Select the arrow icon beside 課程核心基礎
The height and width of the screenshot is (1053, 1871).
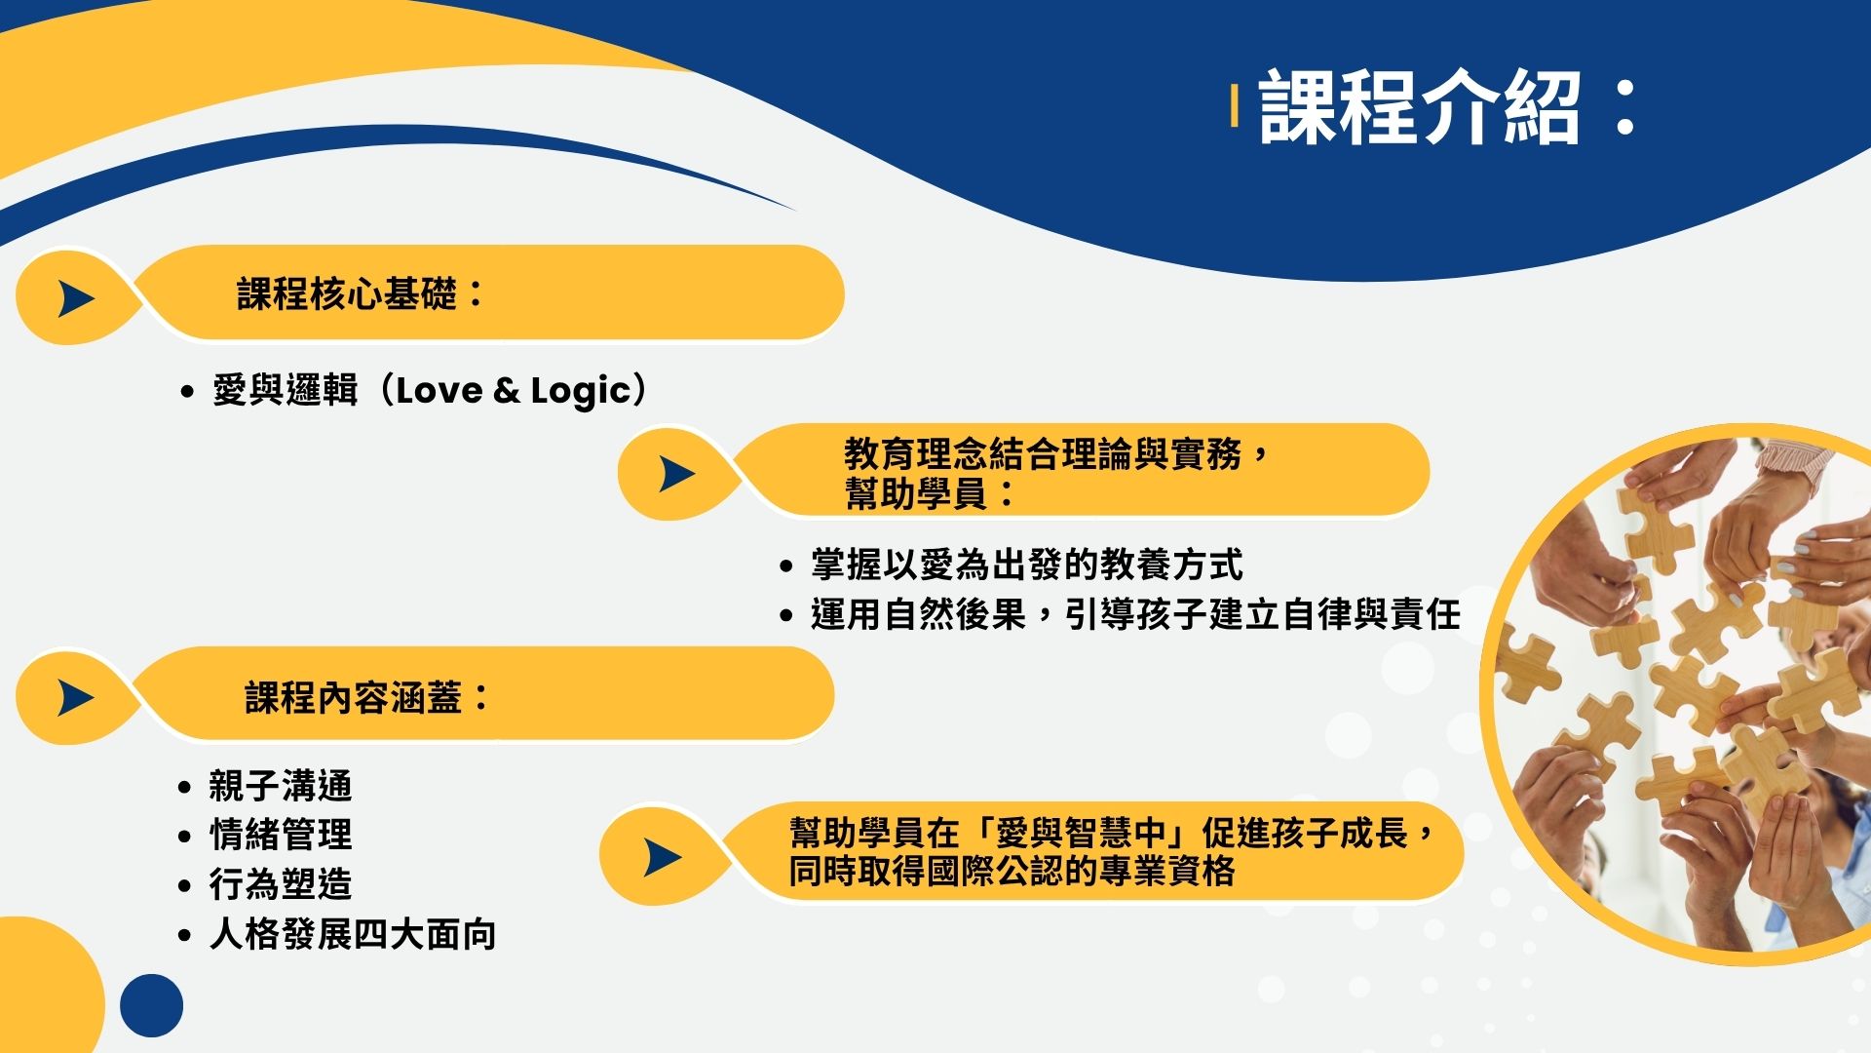76,298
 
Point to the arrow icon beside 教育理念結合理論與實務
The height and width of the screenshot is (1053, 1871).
677,475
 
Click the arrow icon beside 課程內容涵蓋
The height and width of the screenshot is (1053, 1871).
76,698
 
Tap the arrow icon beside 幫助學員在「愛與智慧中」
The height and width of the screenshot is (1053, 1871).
663,858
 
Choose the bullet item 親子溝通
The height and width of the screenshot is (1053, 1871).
281,785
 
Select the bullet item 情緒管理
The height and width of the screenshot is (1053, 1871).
281,835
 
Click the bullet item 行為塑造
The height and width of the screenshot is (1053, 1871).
281,884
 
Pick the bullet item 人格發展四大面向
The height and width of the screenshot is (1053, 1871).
353,934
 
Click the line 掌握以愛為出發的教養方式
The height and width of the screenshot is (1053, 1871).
1027,565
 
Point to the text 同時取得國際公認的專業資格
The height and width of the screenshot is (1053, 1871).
1012,871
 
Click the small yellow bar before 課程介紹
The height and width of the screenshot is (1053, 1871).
1235,106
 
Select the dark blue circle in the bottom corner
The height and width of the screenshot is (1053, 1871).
152,1005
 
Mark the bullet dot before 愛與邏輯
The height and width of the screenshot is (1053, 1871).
188,393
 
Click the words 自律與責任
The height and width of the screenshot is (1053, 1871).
1372,614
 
